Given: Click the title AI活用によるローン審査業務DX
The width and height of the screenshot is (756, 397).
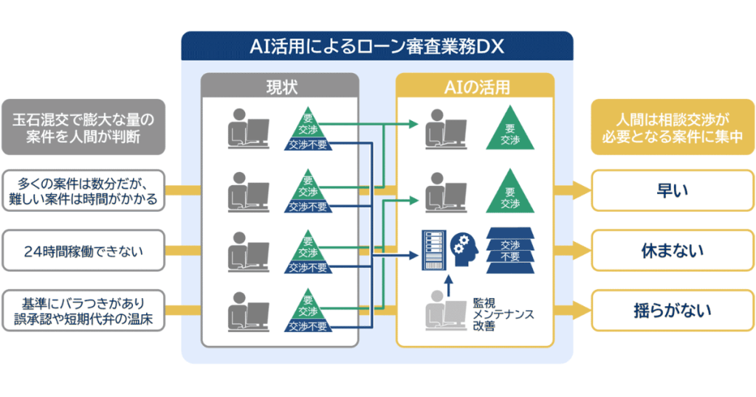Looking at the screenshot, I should (x=377, y=47).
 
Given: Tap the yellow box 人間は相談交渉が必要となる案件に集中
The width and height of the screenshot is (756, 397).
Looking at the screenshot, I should (x=672, y=127).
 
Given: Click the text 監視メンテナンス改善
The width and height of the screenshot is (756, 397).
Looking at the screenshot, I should (x=503, y=314).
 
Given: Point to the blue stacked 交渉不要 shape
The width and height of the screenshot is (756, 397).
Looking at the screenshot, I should (x=509, y=250).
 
